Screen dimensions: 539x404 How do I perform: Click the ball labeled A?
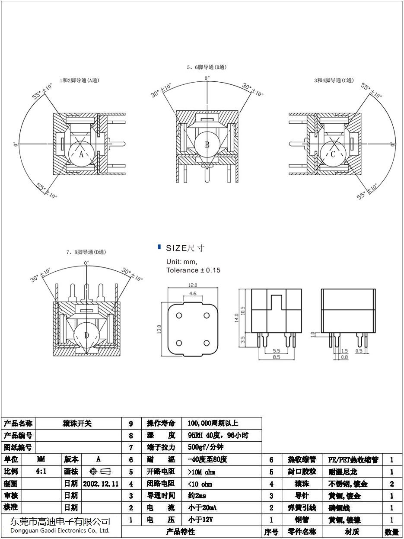[x=81, y=154]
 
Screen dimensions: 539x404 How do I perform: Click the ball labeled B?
[x=207, y=144]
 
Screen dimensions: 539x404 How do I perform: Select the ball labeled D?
[x=86, y=335]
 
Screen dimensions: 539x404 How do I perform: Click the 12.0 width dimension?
[x=192, y=285]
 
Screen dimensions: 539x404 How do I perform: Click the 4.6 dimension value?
[x=193, y=293]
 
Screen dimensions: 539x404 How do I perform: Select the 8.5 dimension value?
[x=276, y=357]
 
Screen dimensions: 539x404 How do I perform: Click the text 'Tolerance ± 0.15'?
[x=193, y=270]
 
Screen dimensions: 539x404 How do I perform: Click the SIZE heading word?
[x=176, y=248]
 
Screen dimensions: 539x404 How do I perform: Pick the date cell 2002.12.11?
[x=101, y=484]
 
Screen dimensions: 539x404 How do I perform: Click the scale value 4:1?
[x=41, y=472]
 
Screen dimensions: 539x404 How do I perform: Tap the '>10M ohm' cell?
[x=201, y=472]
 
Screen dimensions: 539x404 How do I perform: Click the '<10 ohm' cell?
[x=200, y=484]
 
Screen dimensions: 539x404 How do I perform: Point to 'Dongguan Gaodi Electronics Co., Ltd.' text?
[x=60, y=530]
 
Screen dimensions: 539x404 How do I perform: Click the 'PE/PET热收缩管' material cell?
[x=353, y=460]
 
